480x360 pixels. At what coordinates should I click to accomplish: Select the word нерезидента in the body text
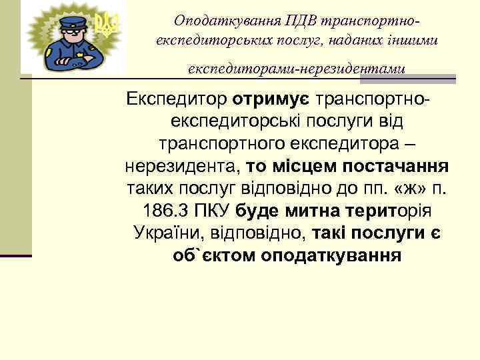(181, 165)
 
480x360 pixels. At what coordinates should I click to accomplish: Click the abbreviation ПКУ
(211, 211)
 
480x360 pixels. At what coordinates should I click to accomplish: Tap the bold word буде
(261, 211)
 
